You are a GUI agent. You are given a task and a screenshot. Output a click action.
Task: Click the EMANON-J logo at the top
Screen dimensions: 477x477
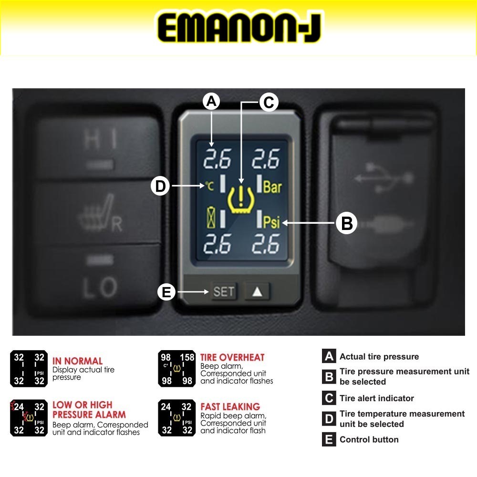tap(239, 28)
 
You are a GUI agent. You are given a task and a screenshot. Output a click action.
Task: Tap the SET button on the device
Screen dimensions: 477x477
tap(224, 291)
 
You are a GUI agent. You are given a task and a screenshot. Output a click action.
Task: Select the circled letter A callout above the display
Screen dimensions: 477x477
tap(211, 102)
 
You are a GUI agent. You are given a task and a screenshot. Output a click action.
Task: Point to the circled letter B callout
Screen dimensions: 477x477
tap(347, 223)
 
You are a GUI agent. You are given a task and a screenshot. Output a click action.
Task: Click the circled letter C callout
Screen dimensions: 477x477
tap(269, 102)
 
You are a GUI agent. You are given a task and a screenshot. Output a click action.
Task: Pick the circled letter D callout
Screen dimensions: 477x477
tap(161, 186)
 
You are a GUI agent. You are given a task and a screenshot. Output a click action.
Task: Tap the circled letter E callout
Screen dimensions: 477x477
tap(166, 292)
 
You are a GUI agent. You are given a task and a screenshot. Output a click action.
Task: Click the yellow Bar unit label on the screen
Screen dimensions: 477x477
tap(272, 187)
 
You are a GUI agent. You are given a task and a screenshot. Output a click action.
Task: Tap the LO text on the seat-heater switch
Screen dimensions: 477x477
tap(100, 287)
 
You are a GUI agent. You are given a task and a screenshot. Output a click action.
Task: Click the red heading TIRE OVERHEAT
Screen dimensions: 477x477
tap(232, 357)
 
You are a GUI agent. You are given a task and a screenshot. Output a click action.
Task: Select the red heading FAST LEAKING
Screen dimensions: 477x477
tap(230, 407)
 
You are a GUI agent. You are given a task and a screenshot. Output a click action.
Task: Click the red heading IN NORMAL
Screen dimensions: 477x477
tap(77, 361)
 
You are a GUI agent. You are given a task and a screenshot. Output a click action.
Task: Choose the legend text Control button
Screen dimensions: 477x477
tap(369, 439)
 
